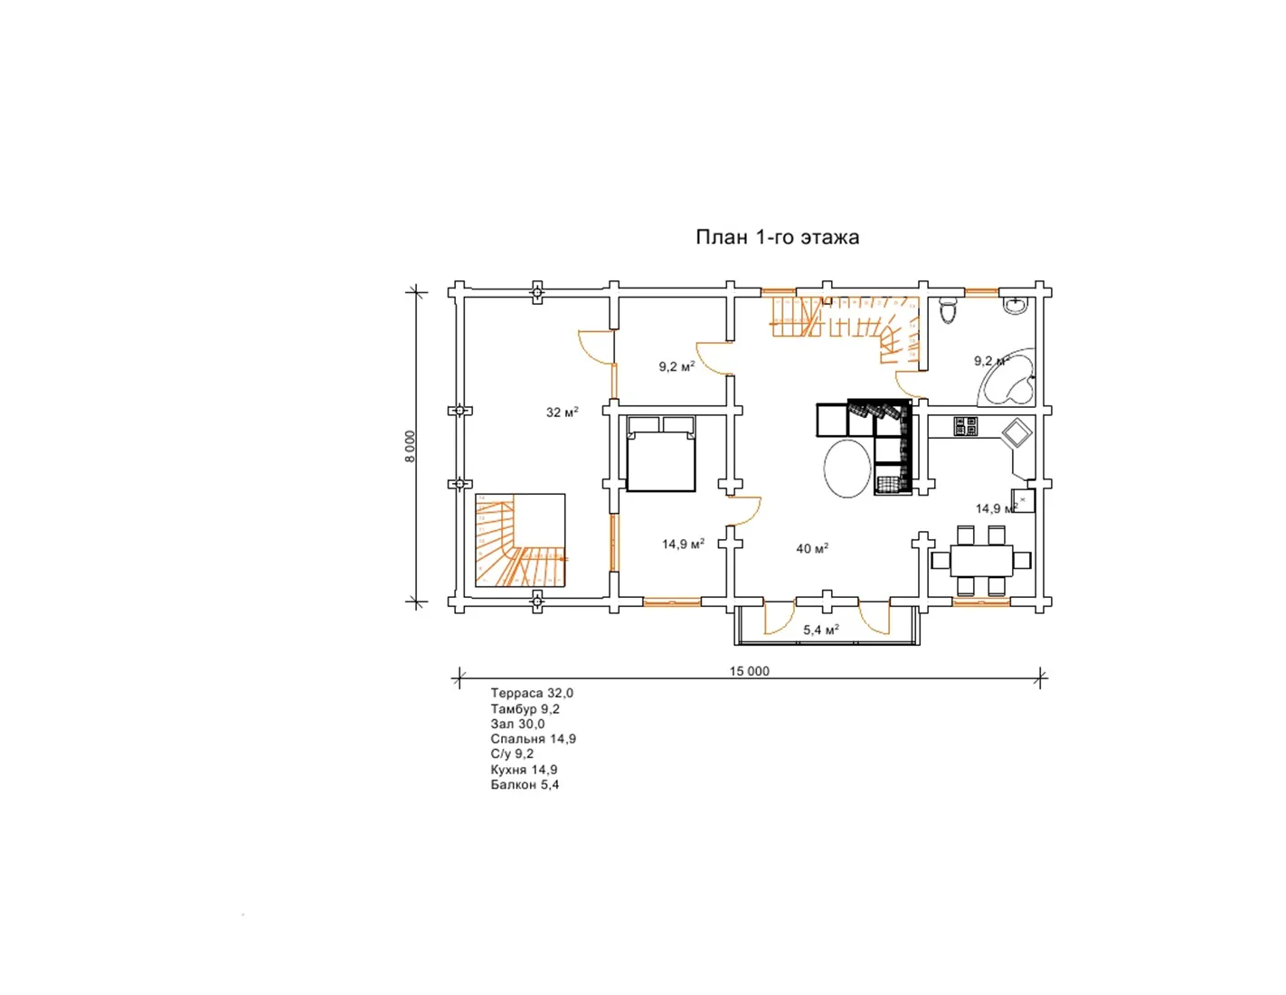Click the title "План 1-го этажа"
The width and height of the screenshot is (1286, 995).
[x=777, y=237]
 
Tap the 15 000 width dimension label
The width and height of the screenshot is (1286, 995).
[x=749, y=671]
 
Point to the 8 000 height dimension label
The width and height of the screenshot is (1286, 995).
[x=411, y=446]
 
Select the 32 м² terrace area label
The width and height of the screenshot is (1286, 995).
[x=563, y=412]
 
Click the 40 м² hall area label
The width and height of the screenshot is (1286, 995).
[x=812, y=549]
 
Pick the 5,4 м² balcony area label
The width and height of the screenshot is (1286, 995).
[x=821, y=630]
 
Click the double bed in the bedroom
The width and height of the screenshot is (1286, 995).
[x=661, y=453]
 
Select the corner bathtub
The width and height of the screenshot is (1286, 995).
[x=1006, y=377]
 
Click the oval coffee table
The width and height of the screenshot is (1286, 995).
[x=846, y=468]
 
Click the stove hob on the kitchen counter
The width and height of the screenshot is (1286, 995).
[x=966, y=426]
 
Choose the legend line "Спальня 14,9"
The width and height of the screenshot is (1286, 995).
[x=533, y=739]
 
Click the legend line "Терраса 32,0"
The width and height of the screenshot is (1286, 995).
[x=532, y=693]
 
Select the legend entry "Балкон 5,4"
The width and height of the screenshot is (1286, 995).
[x=525, y=785]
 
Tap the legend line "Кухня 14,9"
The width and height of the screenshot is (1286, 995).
[x=524, y=770]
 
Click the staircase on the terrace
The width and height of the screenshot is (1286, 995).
[x=520, y=540]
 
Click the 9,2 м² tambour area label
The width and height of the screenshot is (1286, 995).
[x=676, y=367]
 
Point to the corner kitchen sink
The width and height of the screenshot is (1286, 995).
[x=1017, y=432]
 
